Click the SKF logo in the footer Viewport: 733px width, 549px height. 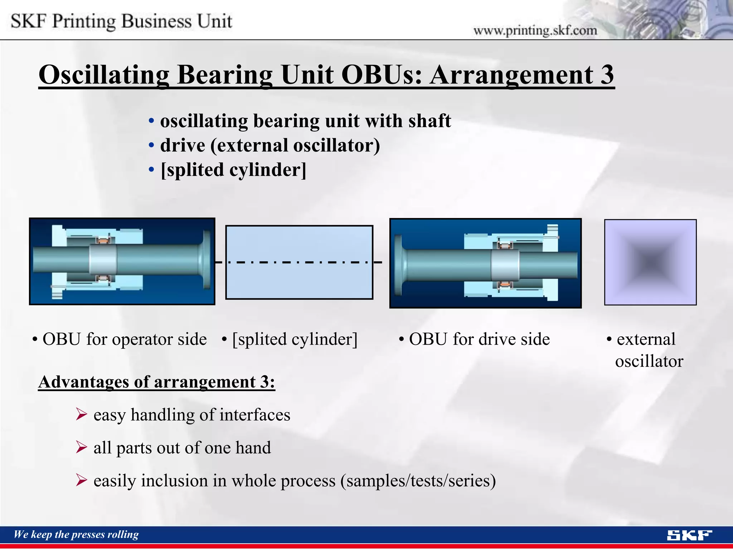689,535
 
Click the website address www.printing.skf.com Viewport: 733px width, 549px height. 535,30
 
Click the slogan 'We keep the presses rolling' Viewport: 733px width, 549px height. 76,534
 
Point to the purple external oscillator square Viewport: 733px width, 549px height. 650,262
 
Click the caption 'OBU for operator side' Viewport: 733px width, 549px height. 124,339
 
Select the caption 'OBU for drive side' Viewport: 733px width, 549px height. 479,339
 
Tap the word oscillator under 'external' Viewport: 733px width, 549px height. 649,361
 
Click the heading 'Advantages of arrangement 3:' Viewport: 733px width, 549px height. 156,382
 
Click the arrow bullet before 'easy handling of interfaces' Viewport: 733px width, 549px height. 82,415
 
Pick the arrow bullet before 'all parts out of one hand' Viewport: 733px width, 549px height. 82,447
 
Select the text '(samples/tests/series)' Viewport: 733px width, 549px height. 418,480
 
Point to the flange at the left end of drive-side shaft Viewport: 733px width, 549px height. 398,264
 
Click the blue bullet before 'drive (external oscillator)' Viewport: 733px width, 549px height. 151,145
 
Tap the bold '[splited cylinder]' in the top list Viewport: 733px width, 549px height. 233,169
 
